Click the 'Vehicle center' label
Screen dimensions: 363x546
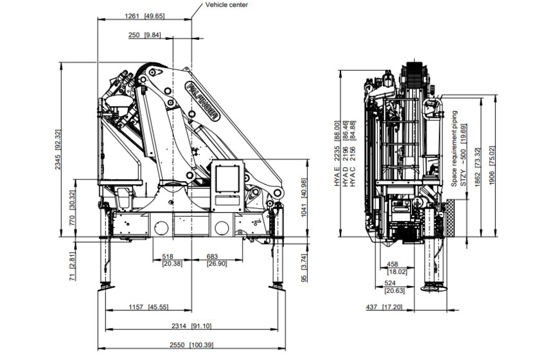[226, 4]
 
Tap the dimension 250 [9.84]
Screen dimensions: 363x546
[145, 35]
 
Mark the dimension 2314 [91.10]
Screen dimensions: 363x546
[192, 326]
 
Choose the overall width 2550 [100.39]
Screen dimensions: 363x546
[192, 346]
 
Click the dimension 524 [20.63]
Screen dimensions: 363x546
[390, 287]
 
